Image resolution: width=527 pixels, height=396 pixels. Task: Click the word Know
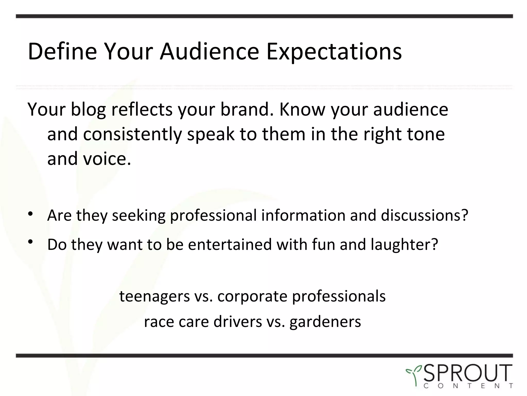(302, 109)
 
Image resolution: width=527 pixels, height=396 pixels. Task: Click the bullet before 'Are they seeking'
(31, 214)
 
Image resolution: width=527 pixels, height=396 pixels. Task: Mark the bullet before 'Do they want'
(31, 242)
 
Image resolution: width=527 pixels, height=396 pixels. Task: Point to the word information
(303, 215)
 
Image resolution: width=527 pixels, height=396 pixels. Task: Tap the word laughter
(404, 245)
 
